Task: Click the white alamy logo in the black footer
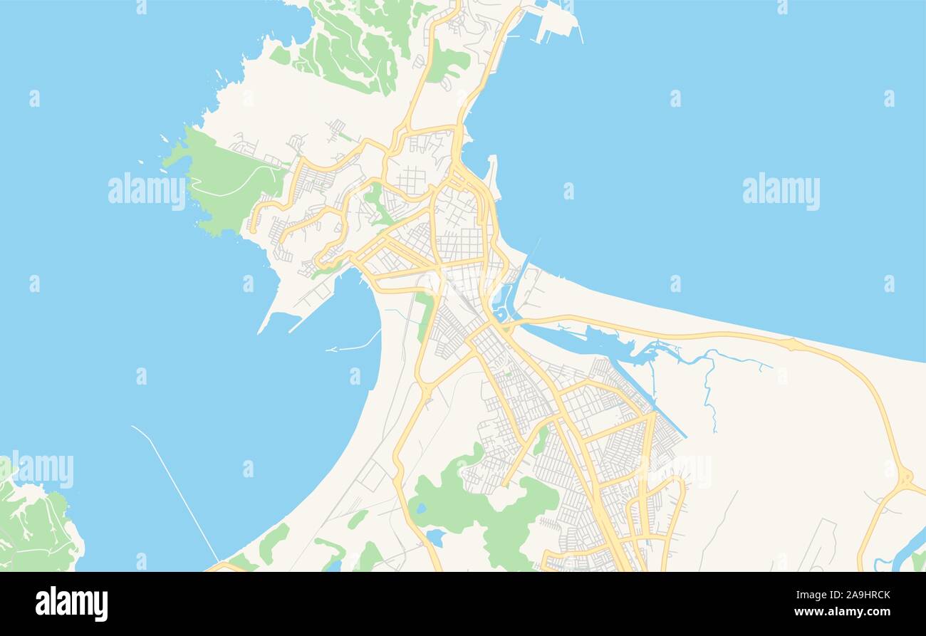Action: point(71,603)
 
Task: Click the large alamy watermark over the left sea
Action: point(146,191)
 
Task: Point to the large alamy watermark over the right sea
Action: point(781,191)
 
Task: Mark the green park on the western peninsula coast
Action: point(221,182)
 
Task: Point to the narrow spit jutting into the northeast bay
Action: point(492,174)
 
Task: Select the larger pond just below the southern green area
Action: point(435,538)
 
